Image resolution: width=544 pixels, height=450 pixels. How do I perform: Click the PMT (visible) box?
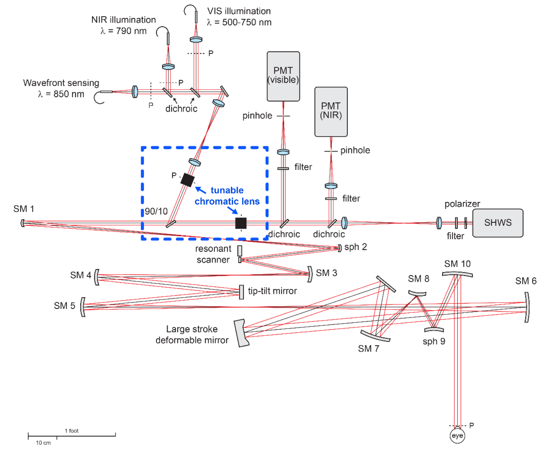[x=283, y=76]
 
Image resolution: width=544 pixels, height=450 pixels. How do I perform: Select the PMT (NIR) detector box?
[x=331, y=111]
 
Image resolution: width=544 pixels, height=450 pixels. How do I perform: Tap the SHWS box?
[x=498, y=223]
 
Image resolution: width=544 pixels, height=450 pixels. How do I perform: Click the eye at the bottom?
[x=457, y=436]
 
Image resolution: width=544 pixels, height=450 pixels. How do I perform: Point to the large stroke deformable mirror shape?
[x=242, y=333]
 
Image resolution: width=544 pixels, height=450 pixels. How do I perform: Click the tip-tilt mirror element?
[x=242, y=292]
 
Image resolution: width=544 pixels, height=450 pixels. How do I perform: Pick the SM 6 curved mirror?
[x=527, y=307]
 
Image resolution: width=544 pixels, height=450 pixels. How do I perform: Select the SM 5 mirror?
[x=83, y=307]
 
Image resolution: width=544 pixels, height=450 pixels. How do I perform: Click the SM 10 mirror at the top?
[x=457, y=274]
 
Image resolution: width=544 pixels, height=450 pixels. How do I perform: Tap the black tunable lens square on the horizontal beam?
[x=241, y=223]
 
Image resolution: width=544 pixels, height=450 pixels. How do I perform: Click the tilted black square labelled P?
[x=187, y=180]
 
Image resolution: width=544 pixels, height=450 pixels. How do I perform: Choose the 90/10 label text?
[x=156, y=211]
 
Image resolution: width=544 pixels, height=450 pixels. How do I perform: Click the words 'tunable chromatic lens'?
[x=227, y=196]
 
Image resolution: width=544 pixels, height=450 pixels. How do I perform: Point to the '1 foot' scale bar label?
[x=71, y=431]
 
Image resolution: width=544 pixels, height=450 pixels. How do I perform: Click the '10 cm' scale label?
[x=43, y=443]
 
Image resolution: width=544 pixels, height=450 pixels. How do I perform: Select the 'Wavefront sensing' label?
[x=61, y=83]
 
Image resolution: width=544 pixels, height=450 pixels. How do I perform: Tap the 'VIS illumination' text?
[x=239, y=11]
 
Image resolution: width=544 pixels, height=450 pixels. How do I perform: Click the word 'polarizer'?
[x=462, y=204]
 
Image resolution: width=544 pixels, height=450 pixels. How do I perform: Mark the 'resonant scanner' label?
[x=213, y=254]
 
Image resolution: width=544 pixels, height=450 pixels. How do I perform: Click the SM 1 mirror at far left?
[x=23, y=223]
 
